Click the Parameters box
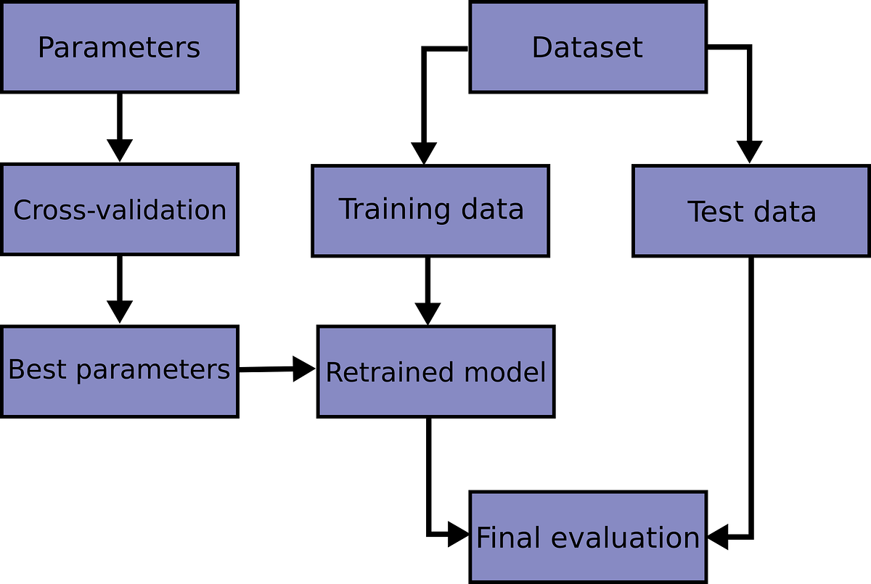point(119,47)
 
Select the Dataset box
point(587,47)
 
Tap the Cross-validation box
point(119,210)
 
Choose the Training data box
point(430,211)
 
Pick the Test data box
point(751,211)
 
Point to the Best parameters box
point(119,371)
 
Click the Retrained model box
point(435,371)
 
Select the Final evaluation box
point(587,537)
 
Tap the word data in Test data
point(782,212)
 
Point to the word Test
point(715,212)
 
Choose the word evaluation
point(625,538)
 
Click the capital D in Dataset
point(541,48)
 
